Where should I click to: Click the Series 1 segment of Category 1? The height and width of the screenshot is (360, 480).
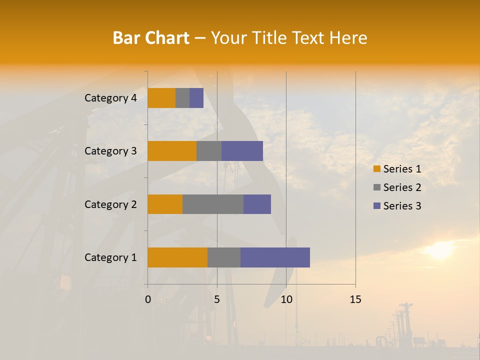coord(177,257)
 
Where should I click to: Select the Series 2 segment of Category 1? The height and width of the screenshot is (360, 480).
coord(224,257)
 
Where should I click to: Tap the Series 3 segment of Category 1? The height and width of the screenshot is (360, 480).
coord(275,257)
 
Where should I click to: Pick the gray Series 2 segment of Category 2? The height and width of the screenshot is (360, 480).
coord(213,204)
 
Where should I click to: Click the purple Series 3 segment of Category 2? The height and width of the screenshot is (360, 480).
coord(257,204)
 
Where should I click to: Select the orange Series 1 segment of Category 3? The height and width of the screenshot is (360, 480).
coord(172,151)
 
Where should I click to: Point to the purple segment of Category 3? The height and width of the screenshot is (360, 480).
coord(242,151)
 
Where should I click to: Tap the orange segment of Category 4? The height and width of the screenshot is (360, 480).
coord(161,98)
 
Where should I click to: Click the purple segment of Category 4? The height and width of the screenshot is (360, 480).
coord(196,98)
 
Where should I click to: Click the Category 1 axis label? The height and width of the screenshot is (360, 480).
coord(110,257)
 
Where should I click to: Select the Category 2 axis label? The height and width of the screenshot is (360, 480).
coord(110,204)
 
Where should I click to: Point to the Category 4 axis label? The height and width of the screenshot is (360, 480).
coord(110,98)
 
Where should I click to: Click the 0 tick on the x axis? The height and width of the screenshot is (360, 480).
coord(148,299)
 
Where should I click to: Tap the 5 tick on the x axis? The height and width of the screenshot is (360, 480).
coord(217,299)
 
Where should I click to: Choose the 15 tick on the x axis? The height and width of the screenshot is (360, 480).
coord(355,299)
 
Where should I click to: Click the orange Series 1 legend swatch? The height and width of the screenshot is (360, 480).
coord(376,169)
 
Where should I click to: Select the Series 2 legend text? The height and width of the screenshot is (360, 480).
coord(402,187)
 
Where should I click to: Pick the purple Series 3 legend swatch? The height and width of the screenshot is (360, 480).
coord(376,206)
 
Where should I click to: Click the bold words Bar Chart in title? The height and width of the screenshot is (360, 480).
coord(151,37)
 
